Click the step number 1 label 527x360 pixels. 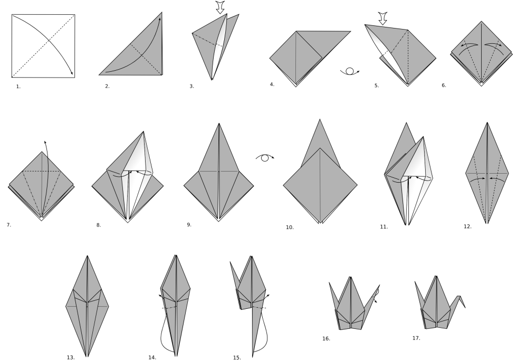click(18, 87)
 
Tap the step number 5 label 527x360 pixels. click(377, 86)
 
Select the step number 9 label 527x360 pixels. click(189, 225)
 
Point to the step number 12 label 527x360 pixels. click(467, 227)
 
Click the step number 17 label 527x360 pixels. click(416, 338)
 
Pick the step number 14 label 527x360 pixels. click(152, 358)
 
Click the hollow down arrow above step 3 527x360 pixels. click(220, 7)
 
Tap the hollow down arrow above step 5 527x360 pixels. click(382, 18)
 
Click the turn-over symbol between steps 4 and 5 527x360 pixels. click(350, 71)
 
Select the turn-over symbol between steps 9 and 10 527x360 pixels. click(265, 157)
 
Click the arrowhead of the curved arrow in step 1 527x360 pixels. click(72, 73)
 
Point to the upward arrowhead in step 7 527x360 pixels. click(45, 143)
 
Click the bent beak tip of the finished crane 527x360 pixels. click(465, 308)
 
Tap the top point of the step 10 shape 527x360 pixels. click(320, 119)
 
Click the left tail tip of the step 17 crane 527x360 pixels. click(415, 281)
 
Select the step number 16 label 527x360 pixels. click(327, 339)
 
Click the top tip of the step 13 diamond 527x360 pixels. click(88, 255)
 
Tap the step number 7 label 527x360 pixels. click(9, 225)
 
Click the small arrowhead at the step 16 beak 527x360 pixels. click(376, 301)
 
